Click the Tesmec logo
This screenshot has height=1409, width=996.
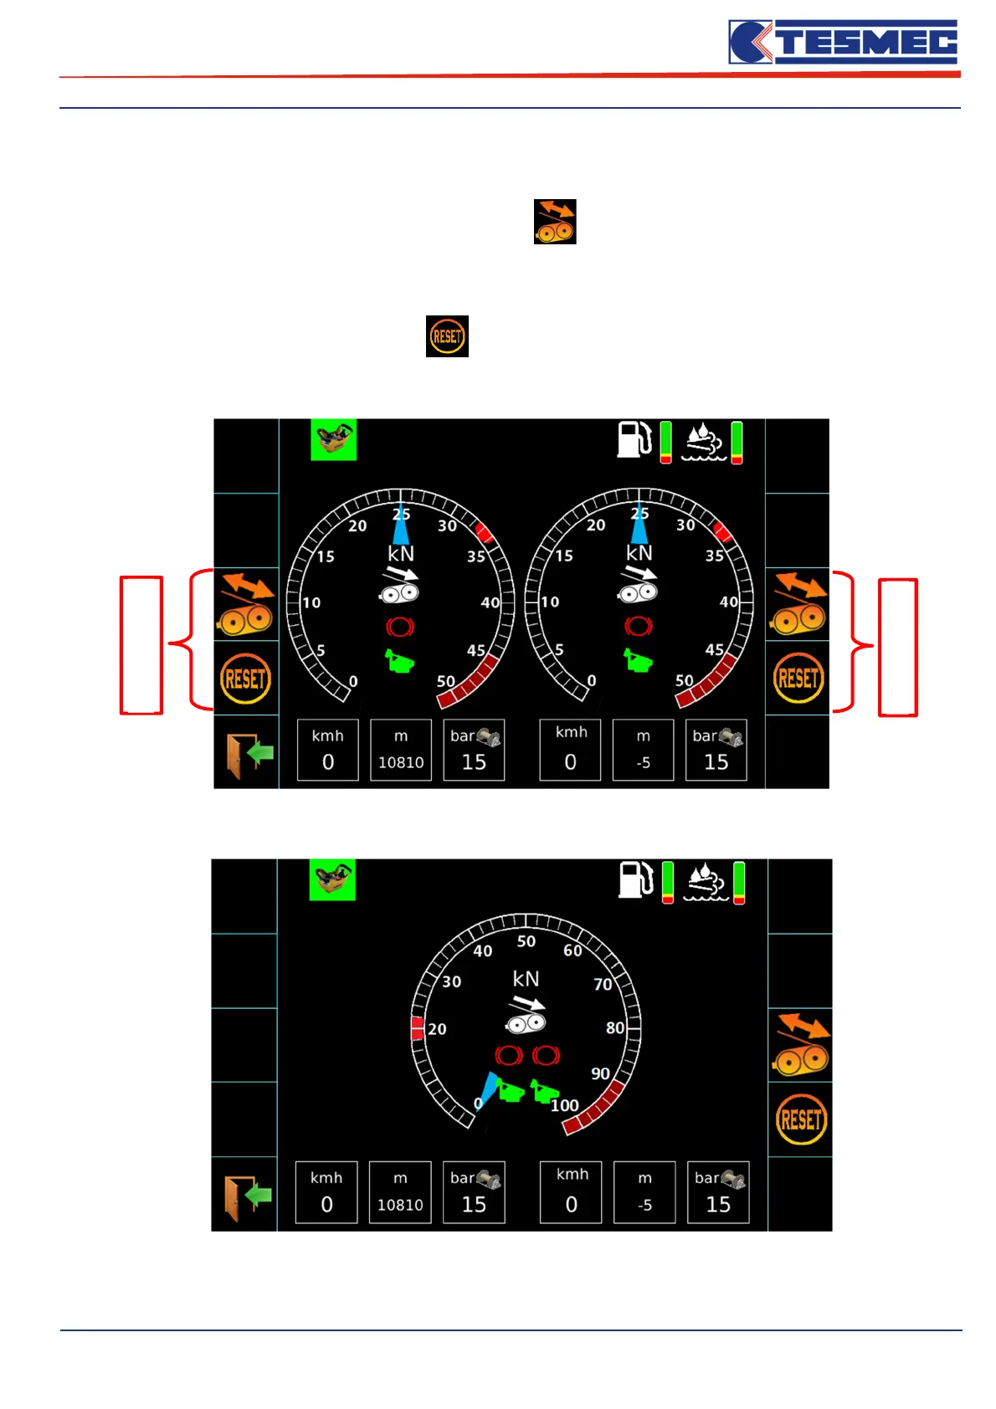(x=843, y=43)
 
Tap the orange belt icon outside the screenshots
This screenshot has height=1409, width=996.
(x=555, y=222)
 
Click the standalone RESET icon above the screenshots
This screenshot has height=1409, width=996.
(x=447, y=336)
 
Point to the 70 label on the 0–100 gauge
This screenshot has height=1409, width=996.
(x=603, y=984)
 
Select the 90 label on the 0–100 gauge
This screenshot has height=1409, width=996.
(x=600, y=1073)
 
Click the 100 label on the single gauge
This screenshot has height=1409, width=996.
(x=565, y=1105)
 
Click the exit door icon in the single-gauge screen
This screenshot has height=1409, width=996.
(x=246, y=1196)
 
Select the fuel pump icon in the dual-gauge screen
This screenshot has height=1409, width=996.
(x=634, y=439)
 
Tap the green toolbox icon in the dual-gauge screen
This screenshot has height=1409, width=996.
(x=333, y=439)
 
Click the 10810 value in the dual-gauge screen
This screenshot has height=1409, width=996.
(x=401, y=762)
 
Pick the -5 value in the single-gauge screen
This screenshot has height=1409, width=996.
(x=644, y=1205)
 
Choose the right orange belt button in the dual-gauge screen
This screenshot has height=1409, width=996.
(x=798, y=604)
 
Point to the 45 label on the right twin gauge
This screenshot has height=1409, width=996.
(x=714, y=649)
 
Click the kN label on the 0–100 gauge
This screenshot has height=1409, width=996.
(x=526, y=979)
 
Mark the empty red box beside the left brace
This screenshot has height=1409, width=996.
(x=141, y=645)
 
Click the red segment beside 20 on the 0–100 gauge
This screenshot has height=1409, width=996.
(x=417, y=1028)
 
